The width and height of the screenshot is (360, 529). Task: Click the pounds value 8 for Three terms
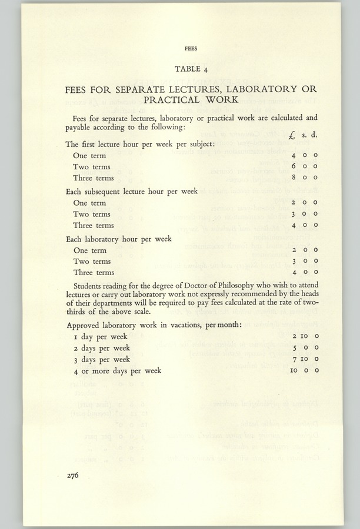[294, 178]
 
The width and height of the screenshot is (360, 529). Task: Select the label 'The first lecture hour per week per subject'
[139, 144]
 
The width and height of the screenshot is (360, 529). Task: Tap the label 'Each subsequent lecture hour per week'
[131, 191]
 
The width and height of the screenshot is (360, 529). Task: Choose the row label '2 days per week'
[102, 347]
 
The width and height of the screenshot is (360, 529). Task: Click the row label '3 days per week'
[102, 359]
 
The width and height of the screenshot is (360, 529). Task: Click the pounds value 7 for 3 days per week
[294, 359]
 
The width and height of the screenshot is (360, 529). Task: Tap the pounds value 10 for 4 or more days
[294, 370]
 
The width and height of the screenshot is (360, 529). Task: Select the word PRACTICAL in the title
[164, 101]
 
